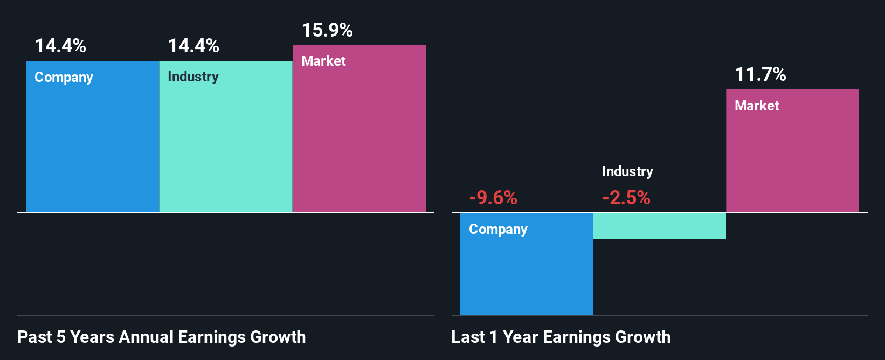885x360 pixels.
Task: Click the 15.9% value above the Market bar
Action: (327, 30)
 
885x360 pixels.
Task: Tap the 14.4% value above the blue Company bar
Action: (60, 46)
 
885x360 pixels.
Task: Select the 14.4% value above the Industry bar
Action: (193, 46)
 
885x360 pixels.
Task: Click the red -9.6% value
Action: (493, 198)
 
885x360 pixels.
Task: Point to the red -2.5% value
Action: (626, 198)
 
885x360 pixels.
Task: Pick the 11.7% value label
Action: (760, 74)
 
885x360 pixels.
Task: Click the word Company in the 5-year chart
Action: (64, 78)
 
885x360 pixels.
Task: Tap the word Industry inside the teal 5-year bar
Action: (193, 77)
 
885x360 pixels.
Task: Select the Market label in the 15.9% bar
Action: (323, 61)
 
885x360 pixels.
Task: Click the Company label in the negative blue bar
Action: (498, 230)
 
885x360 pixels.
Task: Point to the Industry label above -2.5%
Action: (627, 172)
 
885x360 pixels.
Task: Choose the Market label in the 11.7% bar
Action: (757, 106)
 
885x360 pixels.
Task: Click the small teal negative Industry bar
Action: (659, 226)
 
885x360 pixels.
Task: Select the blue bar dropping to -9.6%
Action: (526, 275)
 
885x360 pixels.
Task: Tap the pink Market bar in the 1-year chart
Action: (792, 162)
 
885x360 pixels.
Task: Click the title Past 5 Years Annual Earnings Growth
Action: (162, 337)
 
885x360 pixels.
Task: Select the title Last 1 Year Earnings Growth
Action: (561, 337)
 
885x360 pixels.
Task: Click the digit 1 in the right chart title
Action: (493, 337)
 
